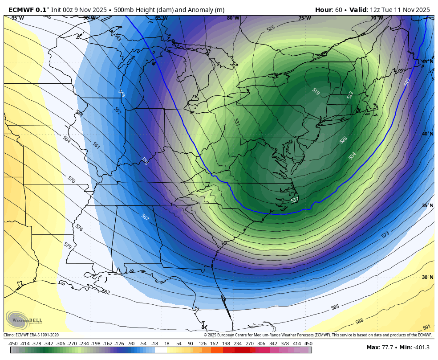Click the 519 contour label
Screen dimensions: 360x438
point(316,91)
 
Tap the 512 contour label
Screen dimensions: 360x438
point(350,95)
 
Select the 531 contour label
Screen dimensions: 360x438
point(237,122)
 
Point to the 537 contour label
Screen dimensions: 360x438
point(294,200)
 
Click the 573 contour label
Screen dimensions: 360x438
point(385,234)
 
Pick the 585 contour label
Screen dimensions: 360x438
point(335,307)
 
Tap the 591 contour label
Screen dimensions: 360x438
point(426,327)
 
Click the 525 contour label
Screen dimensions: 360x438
point(271,29)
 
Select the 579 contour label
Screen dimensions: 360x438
point(68,245)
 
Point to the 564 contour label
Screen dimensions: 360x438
point(67,139)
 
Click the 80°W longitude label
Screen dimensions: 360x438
point(233,18)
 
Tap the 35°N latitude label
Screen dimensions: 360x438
point(427,205)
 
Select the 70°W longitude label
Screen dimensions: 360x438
point(377,18)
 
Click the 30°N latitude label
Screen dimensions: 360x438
point(427,277)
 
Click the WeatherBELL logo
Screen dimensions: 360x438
point(24,320)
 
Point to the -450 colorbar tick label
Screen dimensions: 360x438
point(13,344)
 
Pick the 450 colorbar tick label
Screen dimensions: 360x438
point(308,344)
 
